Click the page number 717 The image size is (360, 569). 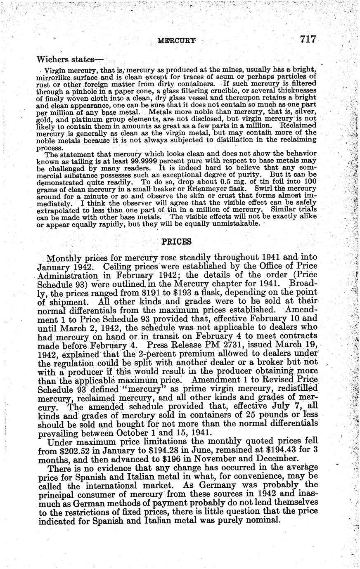308,39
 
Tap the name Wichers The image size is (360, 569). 50,59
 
